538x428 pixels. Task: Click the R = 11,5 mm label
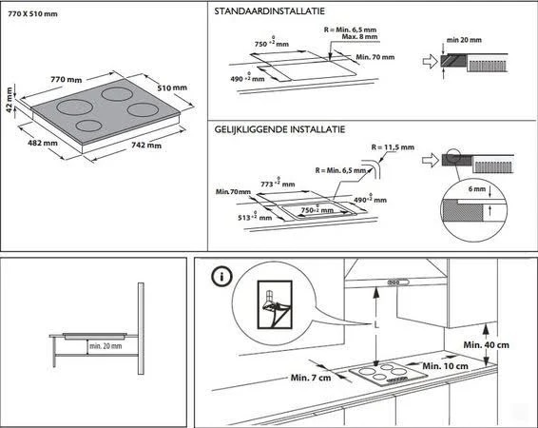pyautogui.click(x=394, y=147)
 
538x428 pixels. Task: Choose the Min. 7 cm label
pyautogui.click(x=312, y=378)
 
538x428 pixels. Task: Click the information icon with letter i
pyautogui.click(x=221, y=278)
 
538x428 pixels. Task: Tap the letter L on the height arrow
pyautogui.click(x=378, y=326)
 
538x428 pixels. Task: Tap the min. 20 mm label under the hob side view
pyautogui.click(x=106, y=346)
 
